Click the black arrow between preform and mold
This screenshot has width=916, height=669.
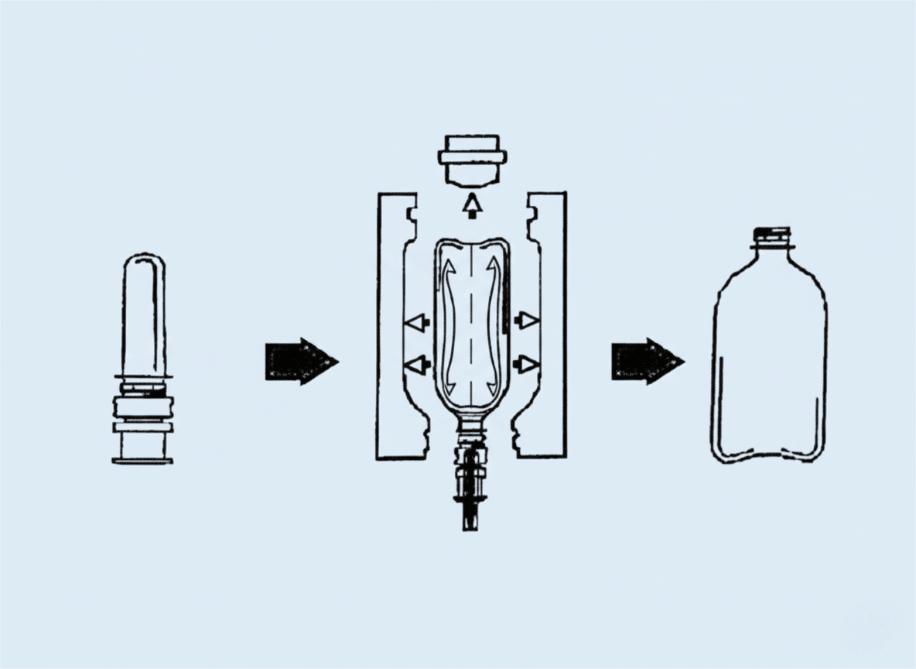[300, 361]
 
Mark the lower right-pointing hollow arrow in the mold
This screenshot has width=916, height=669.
[527, 362]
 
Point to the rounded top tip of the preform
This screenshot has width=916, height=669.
[143, 260]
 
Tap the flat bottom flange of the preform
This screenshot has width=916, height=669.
[142, 461]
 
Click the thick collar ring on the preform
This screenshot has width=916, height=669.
[143, 405]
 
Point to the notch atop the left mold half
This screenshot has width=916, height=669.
[412, 211]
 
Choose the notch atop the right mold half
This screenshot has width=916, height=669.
[532, 211]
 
